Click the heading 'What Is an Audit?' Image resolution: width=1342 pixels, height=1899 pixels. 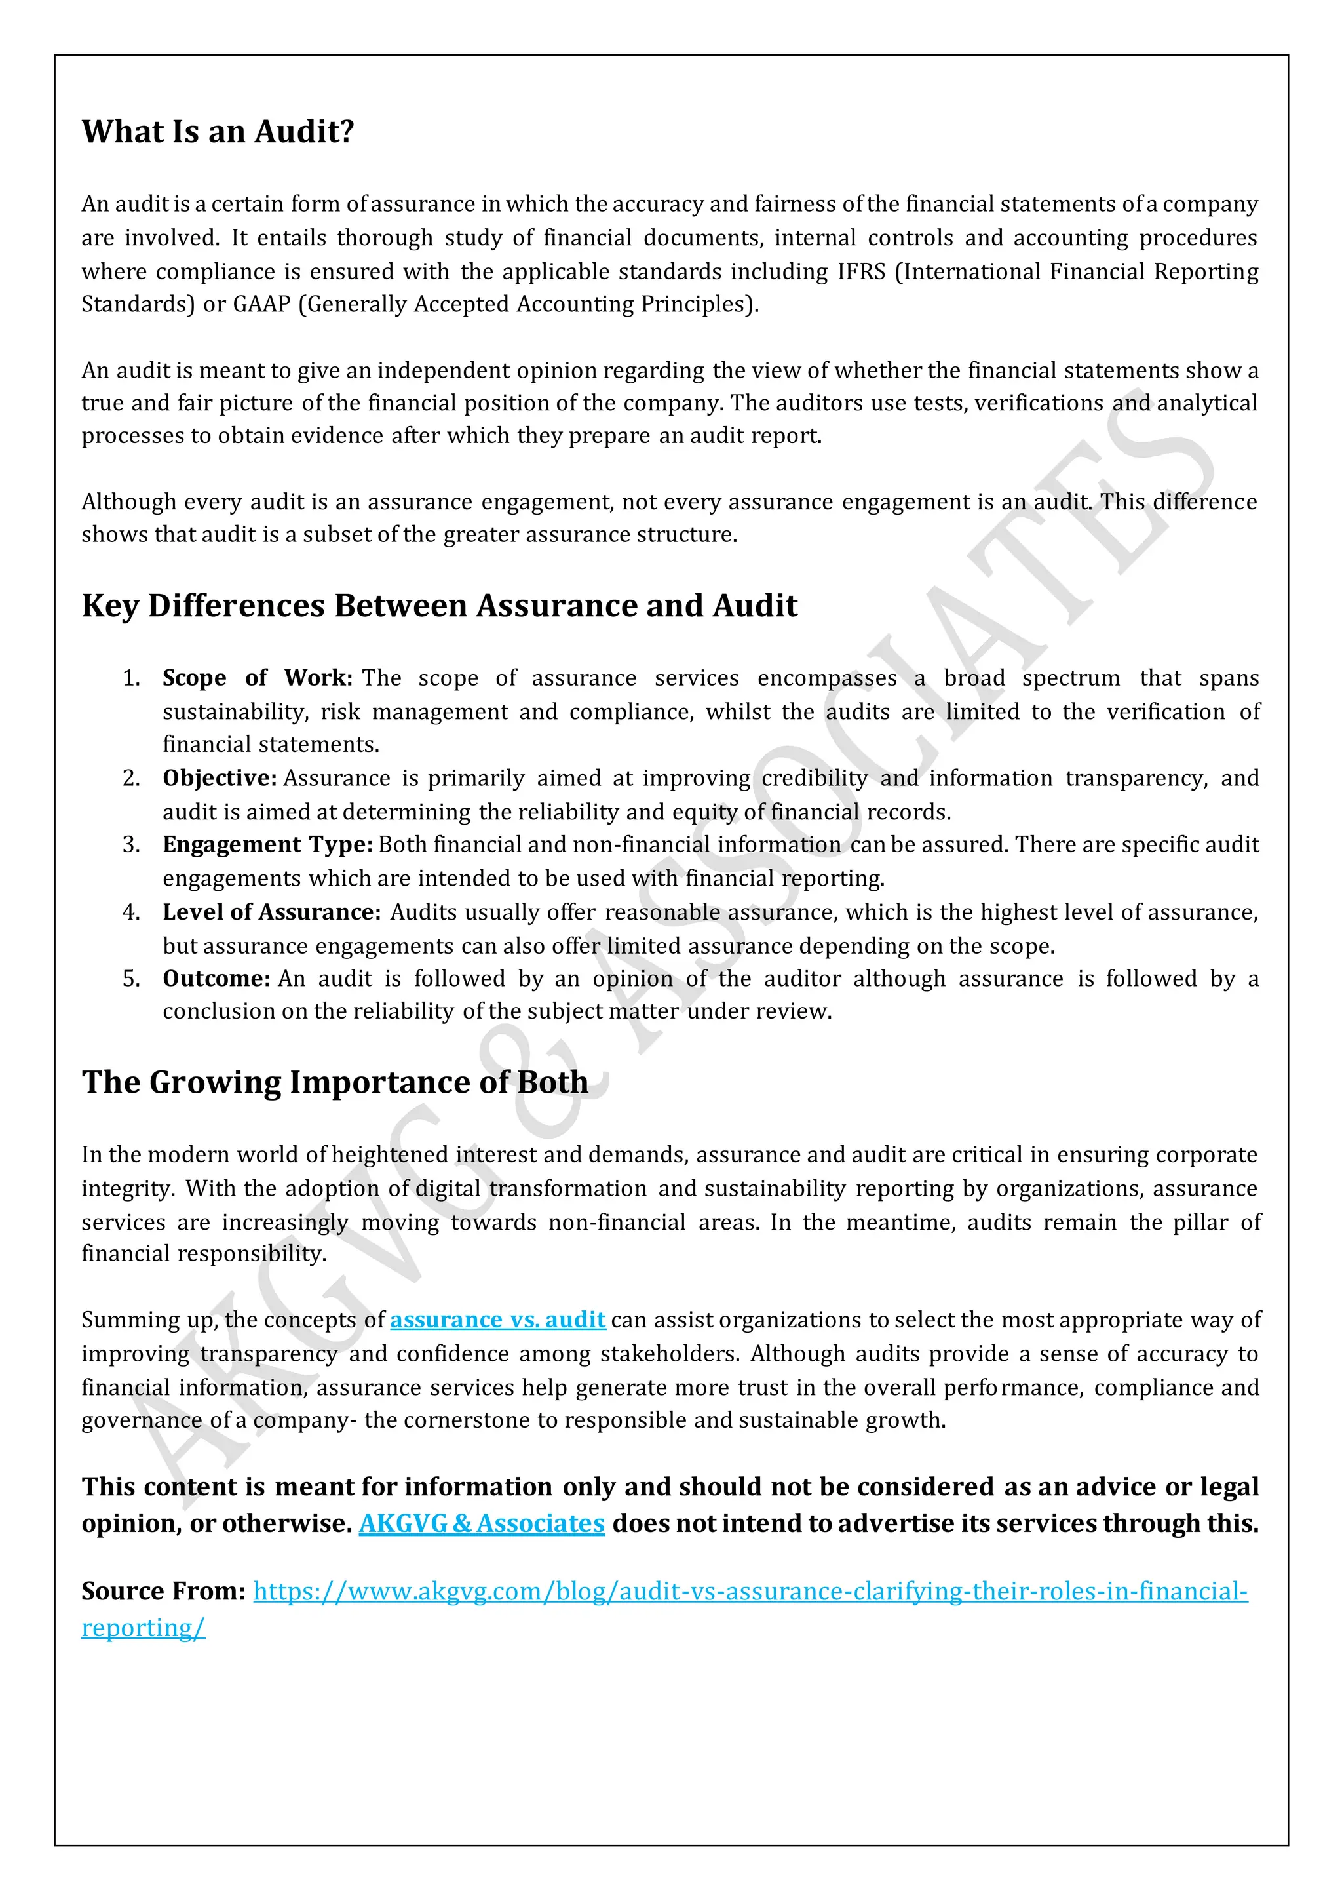point(218,132)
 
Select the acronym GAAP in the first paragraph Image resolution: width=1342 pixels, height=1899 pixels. point(261,304)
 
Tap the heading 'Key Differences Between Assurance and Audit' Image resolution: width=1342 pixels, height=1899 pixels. point(439,606)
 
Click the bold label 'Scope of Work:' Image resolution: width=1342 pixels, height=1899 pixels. point(257,678)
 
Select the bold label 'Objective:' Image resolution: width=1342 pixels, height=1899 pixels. point(219,778)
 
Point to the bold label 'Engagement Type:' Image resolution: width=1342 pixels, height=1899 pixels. point(267,844)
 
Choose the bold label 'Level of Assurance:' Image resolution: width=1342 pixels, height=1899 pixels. point(271,912)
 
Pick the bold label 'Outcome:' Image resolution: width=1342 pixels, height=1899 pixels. point(216,979)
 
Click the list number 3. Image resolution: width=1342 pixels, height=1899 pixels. point(130,844)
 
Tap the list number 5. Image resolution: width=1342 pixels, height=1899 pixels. point(130,979)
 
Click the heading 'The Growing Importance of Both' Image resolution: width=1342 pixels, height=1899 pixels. point(335,1083)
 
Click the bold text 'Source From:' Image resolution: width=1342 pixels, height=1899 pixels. point(163,1592)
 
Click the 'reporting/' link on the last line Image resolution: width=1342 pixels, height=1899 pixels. point(142,1628)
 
